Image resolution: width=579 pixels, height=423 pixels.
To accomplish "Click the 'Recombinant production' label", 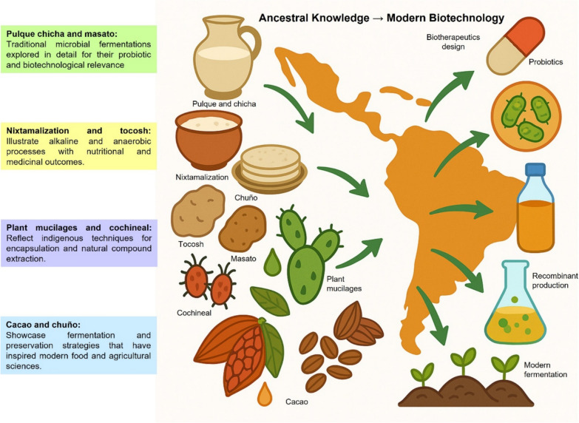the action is coord(550,280).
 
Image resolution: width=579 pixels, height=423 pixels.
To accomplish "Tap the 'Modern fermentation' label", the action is coord(546,370).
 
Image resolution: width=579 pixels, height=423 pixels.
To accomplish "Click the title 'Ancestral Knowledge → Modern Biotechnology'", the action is coord(382,17).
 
